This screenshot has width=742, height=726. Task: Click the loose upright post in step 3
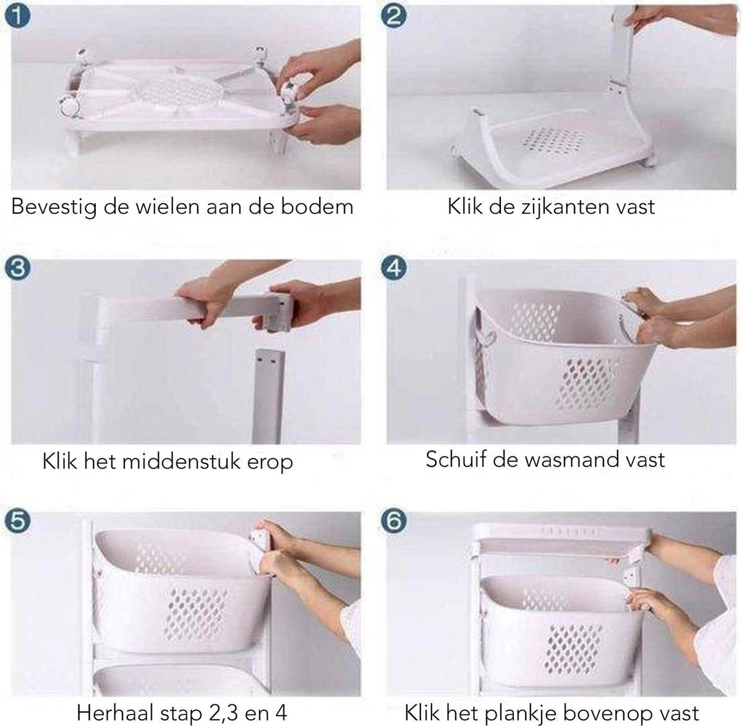[267, 395]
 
